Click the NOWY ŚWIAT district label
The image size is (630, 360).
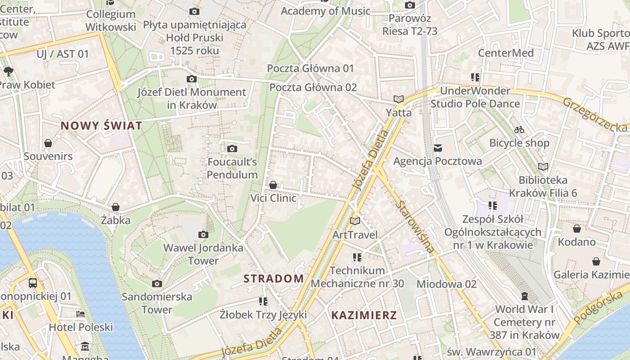click(101, 126)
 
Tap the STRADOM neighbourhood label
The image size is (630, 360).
click(274, 278)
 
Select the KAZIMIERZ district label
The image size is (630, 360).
click(364, 315)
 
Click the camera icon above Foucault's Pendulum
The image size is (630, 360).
click(232, 148)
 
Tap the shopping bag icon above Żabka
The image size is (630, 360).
click(116, 207)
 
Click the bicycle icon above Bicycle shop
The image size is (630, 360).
click(519, 130)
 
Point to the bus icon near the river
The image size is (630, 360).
click(33, 283)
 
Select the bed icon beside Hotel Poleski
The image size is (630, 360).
click(81, 314)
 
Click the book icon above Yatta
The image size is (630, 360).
click(399, 99)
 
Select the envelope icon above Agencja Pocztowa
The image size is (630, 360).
click(437, 148)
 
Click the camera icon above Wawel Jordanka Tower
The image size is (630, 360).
click(203, 234)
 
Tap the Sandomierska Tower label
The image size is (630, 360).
click(157, 303)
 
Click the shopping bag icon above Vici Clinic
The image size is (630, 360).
click(273, 185)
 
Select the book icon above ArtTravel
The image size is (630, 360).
click(355, 221)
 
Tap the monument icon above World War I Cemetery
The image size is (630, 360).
click(524, 296)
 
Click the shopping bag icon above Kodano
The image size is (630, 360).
click(576, 229)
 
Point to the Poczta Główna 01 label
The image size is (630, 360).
click(310, 68)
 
